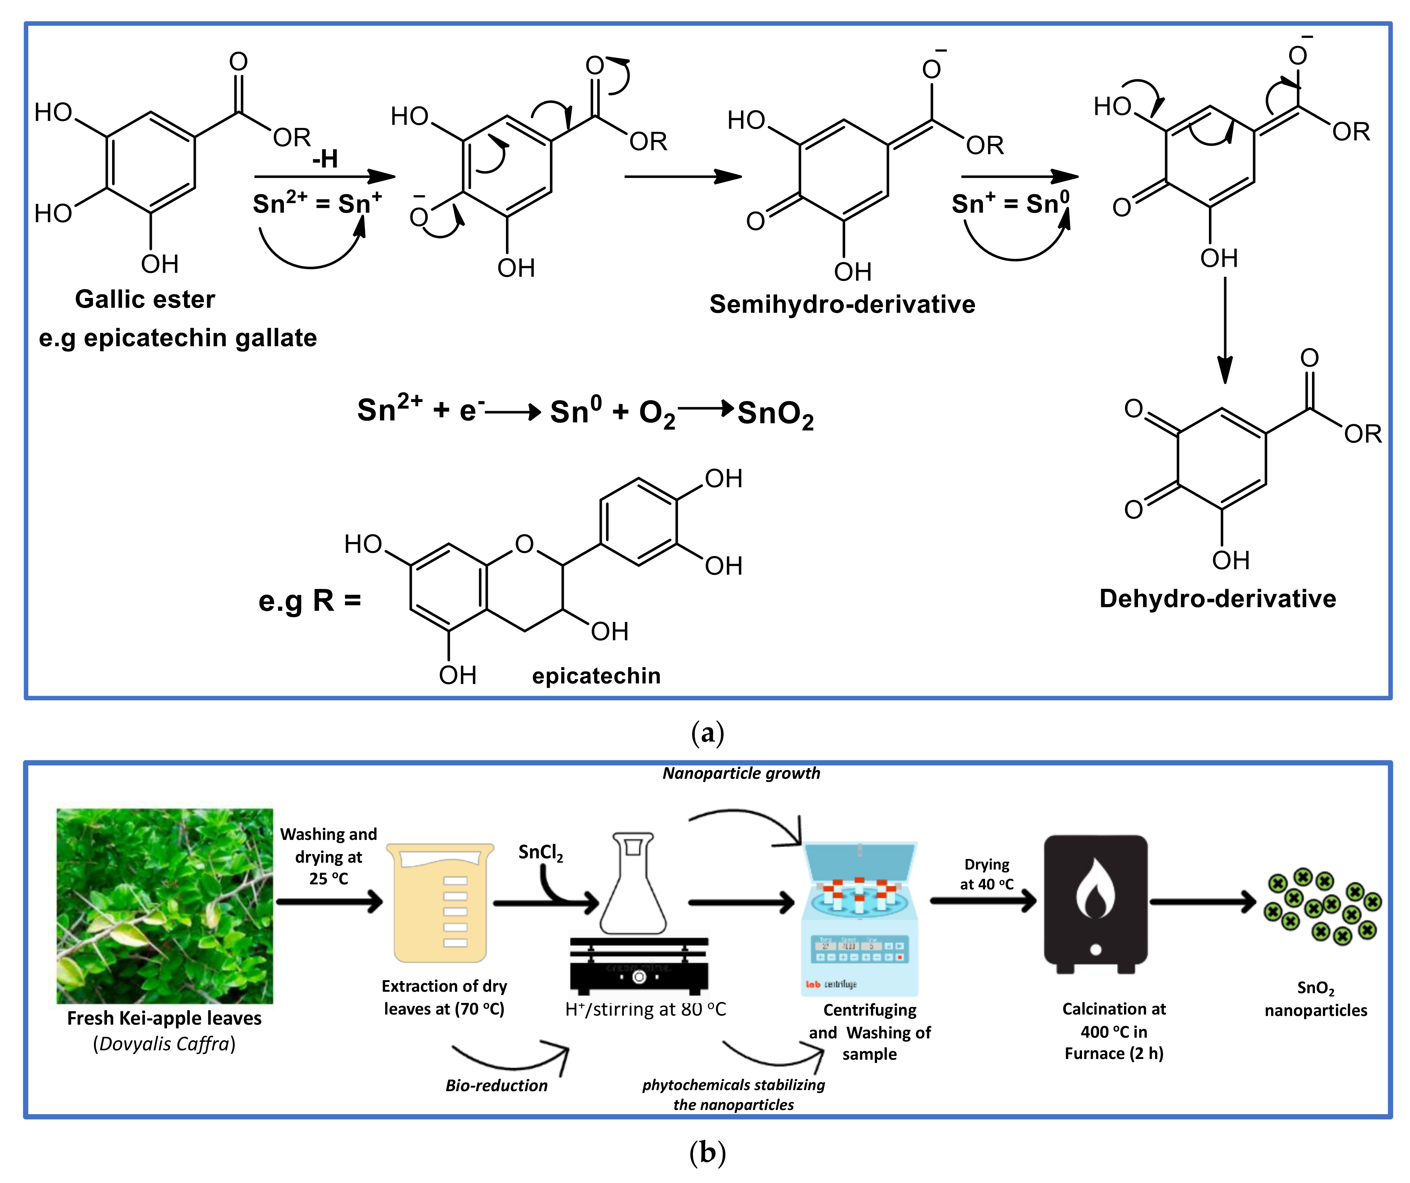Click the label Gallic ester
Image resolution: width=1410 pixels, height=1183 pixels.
(145, 299)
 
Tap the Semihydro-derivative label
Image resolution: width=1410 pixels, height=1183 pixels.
(842, 304)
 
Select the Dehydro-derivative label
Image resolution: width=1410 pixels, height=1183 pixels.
(1217, 598)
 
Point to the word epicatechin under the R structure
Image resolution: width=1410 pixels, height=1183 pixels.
(596, 675)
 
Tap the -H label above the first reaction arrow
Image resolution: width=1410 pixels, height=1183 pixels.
(325, 159)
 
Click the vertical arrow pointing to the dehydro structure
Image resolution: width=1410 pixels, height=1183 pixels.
(1225, 329)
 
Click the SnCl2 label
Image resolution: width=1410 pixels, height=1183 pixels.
(541, 853)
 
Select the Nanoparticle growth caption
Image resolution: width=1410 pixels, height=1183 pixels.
(741, 773)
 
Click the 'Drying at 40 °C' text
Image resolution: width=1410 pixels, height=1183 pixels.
(986, 874)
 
